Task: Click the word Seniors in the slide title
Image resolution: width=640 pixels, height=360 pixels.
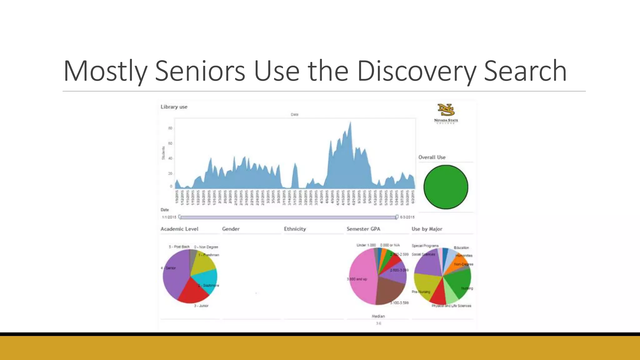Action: point(200,71)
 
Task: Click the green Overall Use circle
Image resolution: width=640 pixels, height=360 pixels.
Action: point(446,187)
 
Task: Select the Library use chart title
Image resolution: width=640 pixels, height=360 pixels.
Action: point(174,107)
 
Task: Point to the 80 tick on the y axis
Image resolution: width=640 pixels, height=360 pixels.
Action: point(170,128)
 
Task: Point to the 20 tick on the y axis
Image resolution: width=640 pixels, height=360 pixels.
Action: point(170,173)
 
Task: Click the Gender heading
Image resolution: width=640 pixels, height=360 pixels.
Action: point(231,229)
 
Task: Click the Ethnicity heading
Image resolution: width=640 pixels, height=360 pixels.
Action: point(295,229)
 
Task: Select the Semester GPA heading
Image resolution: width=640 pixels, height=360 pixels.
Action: point(363,229)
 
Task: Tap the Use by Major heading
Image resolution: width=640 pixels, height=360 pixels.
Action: point(427,229)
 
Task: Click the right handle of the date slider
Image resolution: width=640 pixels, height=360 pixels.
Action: point(397,217)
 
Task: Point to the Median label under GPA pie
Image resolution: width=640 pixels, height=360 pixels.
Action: point(378,316)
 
